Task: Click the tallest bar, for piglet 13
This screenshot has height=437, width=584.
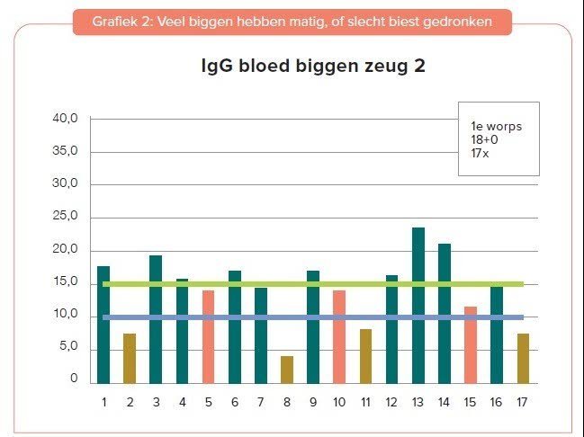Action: point(418,305)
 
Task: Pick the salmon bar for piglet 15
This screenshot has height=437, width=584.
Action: point(471,344)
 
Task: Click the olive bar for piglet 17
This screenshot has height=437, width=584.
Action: point(523,358)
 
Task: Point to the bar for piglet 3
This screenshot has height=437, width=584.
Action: point(156,319)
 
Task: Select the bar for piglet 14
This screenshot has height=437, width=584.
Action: point(445,313)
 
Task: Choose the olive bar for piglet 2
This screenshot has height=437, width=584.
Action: point(130,358)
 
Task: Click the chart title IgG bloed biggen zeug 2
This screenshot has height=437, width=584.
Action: point(312,68)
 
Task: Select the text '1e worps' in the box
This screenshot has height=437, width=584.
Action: point(496,126)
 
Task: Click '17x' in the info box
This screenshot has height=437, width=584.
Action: point(480,153)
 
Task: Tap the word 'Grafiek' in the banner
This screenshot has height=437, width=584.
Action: point(113,22)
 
